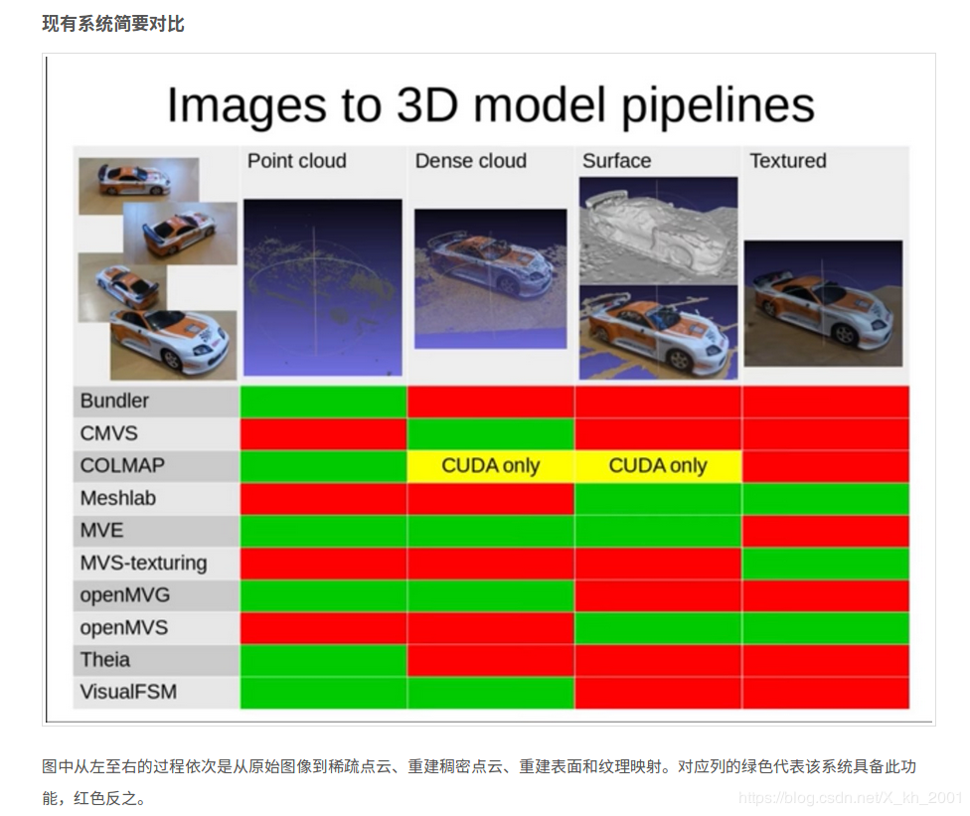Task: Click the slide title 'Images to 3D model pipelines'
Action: tap(490, 105)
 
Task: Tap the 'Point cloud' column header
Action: tap(296, 161)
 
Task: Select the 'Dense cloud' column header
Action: tap(471, 161)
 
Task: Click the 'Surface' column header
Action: tap(616, 161)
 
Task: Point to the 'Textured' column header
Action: tap(787, 161)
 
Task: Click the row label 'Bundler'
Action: tap(114, 402)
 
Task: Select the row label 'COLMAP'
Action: tap(122, 466)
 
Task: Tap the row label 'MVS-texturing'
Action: tap(143, 563)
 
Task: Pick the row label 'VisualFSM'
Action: tap(128, 692)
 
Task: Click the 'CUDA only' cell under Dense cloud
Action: tap(490, 466)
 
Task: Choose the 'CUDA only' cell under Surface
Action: tap(657, 466)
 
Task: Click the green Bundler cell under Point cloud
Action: tap(323, 402)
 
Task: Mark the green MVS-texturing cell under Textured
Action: tap(825, 563)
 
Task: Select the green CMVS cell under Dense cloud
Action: tap(490, 433)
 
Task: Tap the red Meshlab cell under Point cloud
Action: tap(323, 498)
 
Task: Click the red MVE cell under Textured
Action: tap(825, 531)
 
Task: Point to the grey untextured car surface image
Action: tap(658, 229)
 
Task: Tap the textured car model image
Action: tap(823, 302)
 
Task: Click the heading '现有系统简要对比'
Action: tap(113, 23)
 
